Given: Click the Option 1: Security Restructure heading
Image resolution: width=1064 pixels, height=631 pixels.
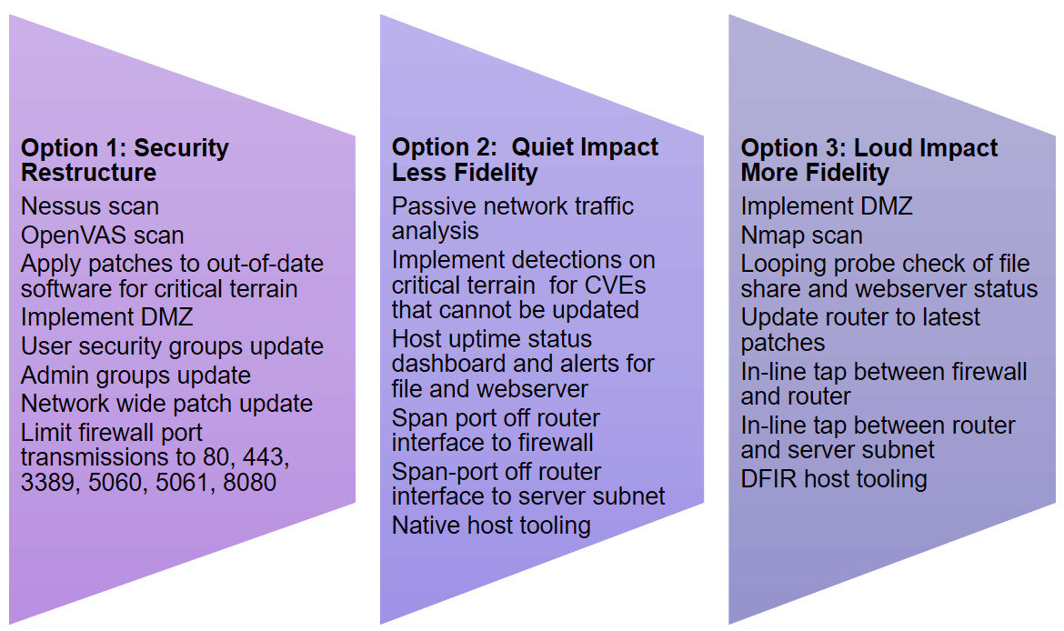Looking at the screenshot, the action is click(x=125, y=159).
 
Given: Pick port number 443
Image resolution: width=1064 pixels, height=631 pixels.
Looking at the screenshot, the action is click(x=267, y=457).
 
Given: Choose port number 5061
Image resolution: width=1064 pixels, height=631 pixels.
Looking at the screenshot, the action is click(x=183, y=483).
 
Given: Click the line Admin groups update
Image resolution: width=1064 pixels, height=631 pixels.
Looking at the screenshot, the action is click(x=136, y=376).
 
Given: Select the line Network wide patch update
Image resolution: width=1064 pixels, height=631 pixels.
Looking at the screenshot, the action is click(x=167, y=404).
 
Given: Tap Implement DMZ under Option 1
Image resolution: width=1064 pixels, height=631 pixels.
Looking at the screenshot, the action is click(x=107, y=316).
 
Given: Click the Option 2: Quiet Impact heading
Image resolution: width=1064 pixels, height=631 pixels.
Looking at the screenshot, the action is click(x=526, y=159).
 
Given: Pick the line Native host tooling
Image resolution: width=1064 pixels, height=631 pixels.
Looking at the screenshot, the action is click(x=491, y=526).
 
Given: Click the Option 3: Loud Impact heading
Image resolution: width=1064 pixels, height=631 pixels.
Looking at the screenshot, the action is click(x=869, y=159).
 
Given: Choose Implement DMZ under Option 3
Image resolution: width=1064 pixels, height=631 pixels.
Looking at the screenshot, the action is click(x=827, y=206).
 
